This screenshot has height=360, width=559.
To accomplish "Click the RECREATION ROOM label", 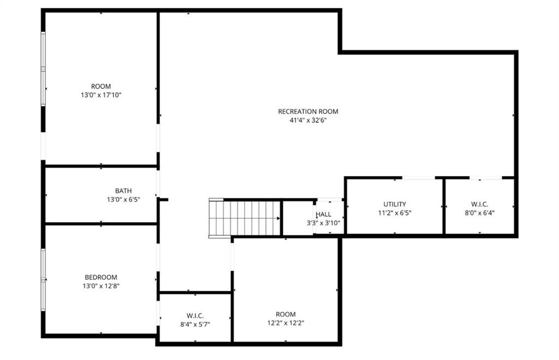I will pyautogui.click(x=308, y=111).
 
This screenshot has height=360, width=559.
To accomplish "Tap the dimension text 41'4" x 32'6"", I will pyautogui.click(x=308, y=121).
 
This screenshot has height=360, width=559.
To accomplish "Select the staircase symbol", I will pyautogui.click(x=244, y=218).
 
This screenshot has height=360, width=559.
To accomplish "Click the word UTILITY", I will pyautogui.click(x=394, y=205).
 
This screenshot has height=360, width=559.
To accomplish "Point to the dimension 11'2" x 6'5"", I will pyautogui.click(x=394, y=213).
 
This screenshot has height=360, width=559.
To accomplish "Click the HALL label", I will pyautogui.click(x=323, y=214).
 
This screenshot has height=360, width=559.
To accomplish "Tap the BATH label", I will pyautogui.click(x=123, y=191).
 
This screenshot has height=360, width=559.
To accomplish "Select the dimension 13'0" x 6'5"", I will pyautogui.click(x=123, y=200).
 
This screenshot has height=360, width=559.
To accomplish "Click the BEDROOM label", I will pyautogui.click(x=100, y=277).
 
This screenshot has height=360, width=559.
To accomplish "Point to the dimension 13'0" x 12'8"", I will pyautogui.click(x=100, y=286).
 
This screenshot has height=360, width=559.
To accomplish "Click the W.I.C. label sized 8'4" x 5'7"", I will pyautogui.click(x=195, y=316).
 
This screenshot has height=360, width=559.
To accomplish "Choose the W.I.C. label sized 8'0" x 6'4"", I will pyautogui.click(x=479, y=205).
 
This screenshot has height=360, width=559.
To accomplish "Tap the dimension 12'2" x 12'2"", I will pyautogui.click(x=286, y=323).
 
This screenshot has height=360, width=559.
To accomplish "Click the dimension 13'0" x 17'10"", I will pyautogui.click(x=100, y=95).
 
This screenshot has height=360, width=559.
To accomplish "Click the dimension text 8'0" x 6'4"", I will pyautogui.click(x=479, y=213).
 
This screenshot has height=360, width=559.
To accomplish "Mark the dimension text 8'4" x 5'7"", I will pyautogui.click(x=195, y=325).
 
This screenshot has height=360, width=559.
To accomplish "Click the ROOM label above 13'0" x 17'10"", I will pyautogui.click(x=100, y=86).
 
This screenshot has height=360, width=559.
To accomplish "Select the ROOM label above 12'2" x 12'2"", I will pyautogui.click(x=286, y=314).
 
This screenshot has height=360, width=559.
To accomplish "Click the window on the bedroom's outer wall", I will pyautogui.click(x=43, y=280).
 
